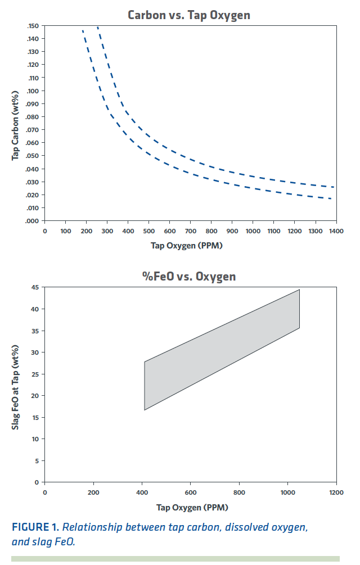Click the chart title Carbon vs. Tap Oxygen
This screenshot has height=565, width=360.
pyautogui.click(x=188, y=15)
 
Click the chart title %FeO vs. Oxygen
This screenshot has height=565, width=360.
pyautogui.click(x=188, y=277)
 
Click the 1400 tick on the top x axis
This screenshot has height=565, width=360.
pyautogui.click(x=336, y=231)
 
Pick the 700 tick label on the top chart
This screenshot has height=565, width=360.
pyautogui.click(x=190, y=231)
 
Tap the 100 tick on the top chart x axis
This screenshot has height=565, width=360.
pyautogui.click(x=65, y=231)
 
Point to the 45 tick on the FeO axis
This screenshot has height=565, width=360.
pyautogui.click(x=35, y=288)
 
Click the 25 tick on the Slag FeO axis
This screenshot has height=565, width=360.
pyautogui.click(x=35, y=374)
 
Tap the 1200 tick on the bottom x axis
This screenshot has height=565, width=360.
pyautogui.click(x=336, y=492)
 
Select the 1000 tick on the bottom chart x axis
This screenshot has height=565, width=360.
pyautogui.click(x=287, y=492)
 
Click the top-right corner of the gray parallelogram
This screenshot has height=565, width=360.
pyautogui.click(x=299, y=290)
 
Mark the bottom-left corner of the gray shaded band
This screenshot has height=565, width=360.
pyautogui.click(x=145, y=410)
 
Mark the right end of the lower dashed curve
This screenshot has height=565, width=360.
pyautogui.click(x=331, y=198)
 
